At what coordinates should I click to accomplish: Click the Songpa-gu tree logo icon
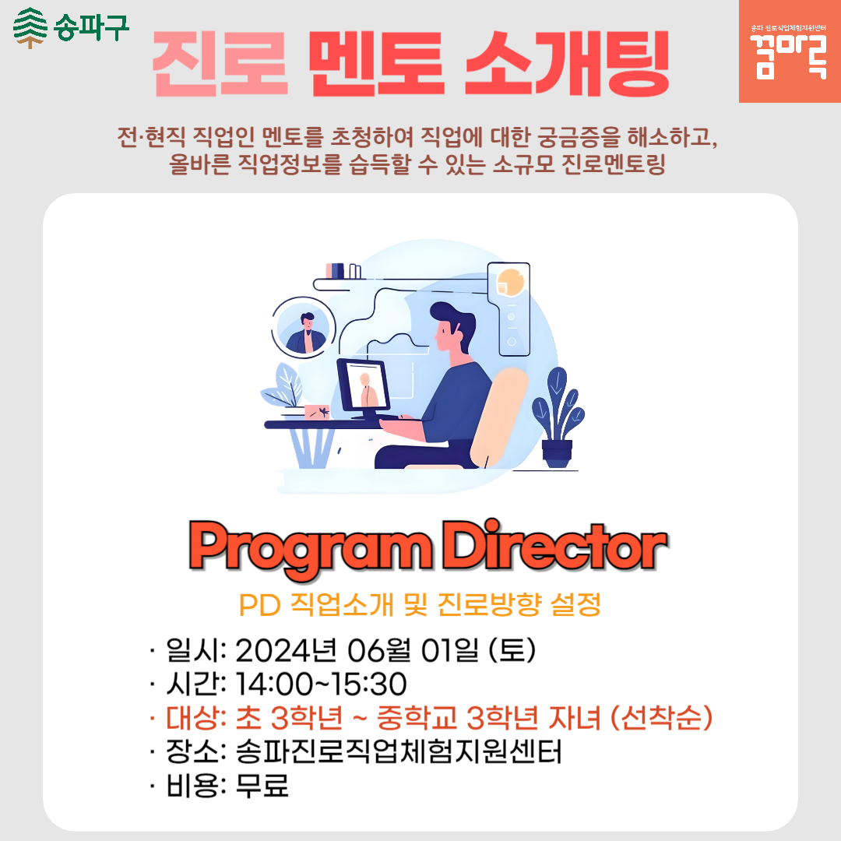click(x=30, y=28)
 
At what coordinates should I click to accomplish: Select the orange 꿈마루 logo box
click(x=790, y=51)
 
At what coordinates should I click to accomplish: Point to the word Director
click(x=555, y=545)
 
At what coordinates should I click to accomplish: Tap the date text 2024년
click(x=286, y=650)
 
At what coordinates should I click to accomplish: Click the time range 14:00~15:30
click(x=321, y=684)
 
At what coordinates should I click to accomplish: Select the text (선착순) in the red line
click(x=662, y=718)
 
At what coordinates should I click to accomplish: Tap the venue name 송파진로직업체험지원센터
click(x=399, y=751)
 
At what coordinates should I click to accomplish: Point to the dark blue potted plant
click(x=558, y=417)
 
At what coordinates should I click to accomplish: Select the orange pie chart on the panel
click(x=510, y=283)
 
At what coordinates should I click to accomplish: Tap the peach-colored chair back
click(x=499, y=417)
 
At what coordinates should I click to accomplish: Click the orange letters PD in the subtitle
click(x=260, y=606)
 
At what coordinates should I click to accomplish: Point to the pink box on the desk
click(x=317, y=412)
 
